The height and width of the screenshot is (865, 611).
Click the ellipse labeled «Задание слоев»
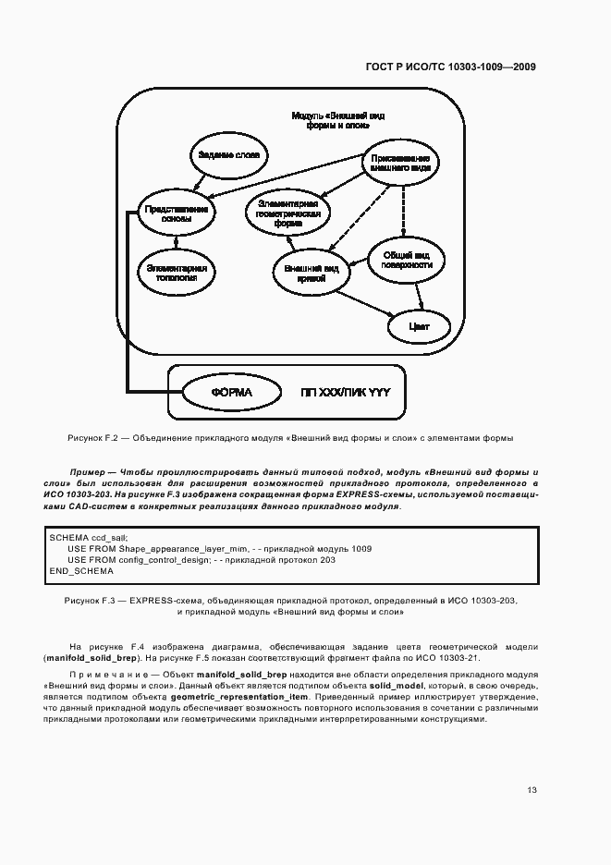[x=227, y=155]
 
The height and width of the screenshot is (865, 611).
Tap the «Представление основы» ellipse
[x=176, y=214]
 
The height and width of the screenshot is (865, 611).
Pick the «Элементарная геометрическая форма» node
[x=288, y=213]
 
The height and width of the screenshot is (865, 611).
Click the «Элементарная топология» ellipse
[x=176, y=271]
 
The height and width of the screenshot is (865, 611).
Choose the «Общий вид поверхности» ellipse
[x=407, y=259]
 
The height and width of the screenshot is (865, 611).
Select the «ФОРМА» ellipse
[x=230, y=393]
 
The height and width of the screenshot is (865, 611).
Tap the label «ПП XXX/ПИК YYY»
[x=346, y=393]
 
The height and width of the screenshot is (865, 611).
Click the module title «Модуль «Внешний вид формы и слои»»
[x=338, y=120]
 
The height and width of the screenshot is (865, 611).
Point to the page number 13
[x=532, y=790]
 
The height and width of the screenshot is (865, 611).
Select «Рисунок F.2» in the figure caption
[x=92, y=438]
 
